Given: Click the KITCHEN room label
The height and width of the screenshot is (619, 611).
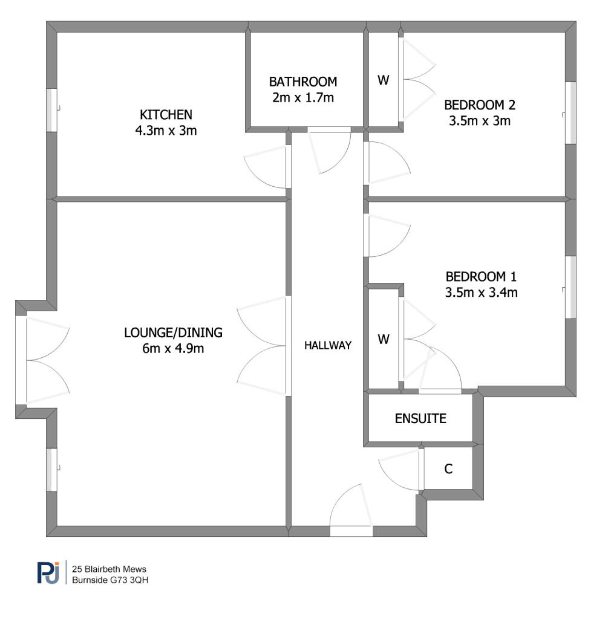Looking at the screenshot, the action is pos(166,114).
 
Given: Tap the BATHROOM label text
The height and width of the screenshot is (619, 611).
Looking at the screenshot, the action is pos(303,82).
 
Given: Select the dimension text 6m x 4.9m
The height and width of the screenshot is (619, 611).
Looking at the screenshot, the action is pos(173,348).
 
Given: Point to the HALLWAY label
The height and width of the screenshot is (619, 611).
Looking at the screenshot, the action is pos(328,345).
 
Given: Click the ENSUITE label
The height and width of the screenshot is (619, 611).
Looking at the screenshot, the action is pos(420,418).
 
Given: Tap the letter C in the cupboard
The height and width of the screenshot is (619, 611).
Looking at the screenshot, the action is pos(448,468).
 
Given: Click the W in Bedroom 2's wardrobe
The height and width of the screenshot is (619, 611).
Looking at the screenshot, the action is pos(383,80).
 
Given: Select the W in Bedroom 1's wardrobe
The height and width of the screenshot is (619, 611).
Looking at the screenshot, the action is pos(383,339).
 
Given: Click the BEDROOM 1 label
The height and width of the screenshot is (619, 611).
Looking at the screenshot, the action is pos(481,276).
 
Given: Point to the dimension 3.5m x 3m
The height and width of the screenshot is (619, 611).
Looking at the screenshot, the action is pos(480,120).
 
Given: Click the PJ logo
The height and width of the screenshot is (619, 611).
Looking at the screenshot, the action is pos(48,572).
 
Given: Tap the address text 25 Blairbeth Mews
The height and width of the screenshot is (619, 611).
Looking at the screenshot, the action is pos(109,569).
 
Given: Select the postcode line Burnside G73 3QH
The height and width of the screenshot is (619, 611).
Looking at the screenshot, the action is pos(110,580).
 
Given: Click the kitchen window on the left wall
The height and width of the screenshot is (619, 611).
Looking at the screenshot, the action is pos(52,110).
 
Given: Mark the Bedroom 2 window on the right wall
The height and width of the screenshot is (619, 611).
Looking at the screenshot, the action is pos(570,112).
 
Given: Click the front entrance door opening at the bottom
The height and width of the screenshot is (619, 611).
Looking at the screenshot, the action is pos(351,531).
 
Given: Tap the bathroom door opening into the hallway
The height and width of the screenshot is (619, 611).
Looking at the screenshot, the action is pos(329,129).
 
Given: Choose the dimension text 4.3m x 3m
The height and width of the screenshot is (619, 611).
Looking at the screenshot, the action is pos(166,131).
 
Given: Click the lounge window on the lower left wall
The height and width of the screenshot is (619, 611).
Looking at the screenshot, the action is pos(52,470).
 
